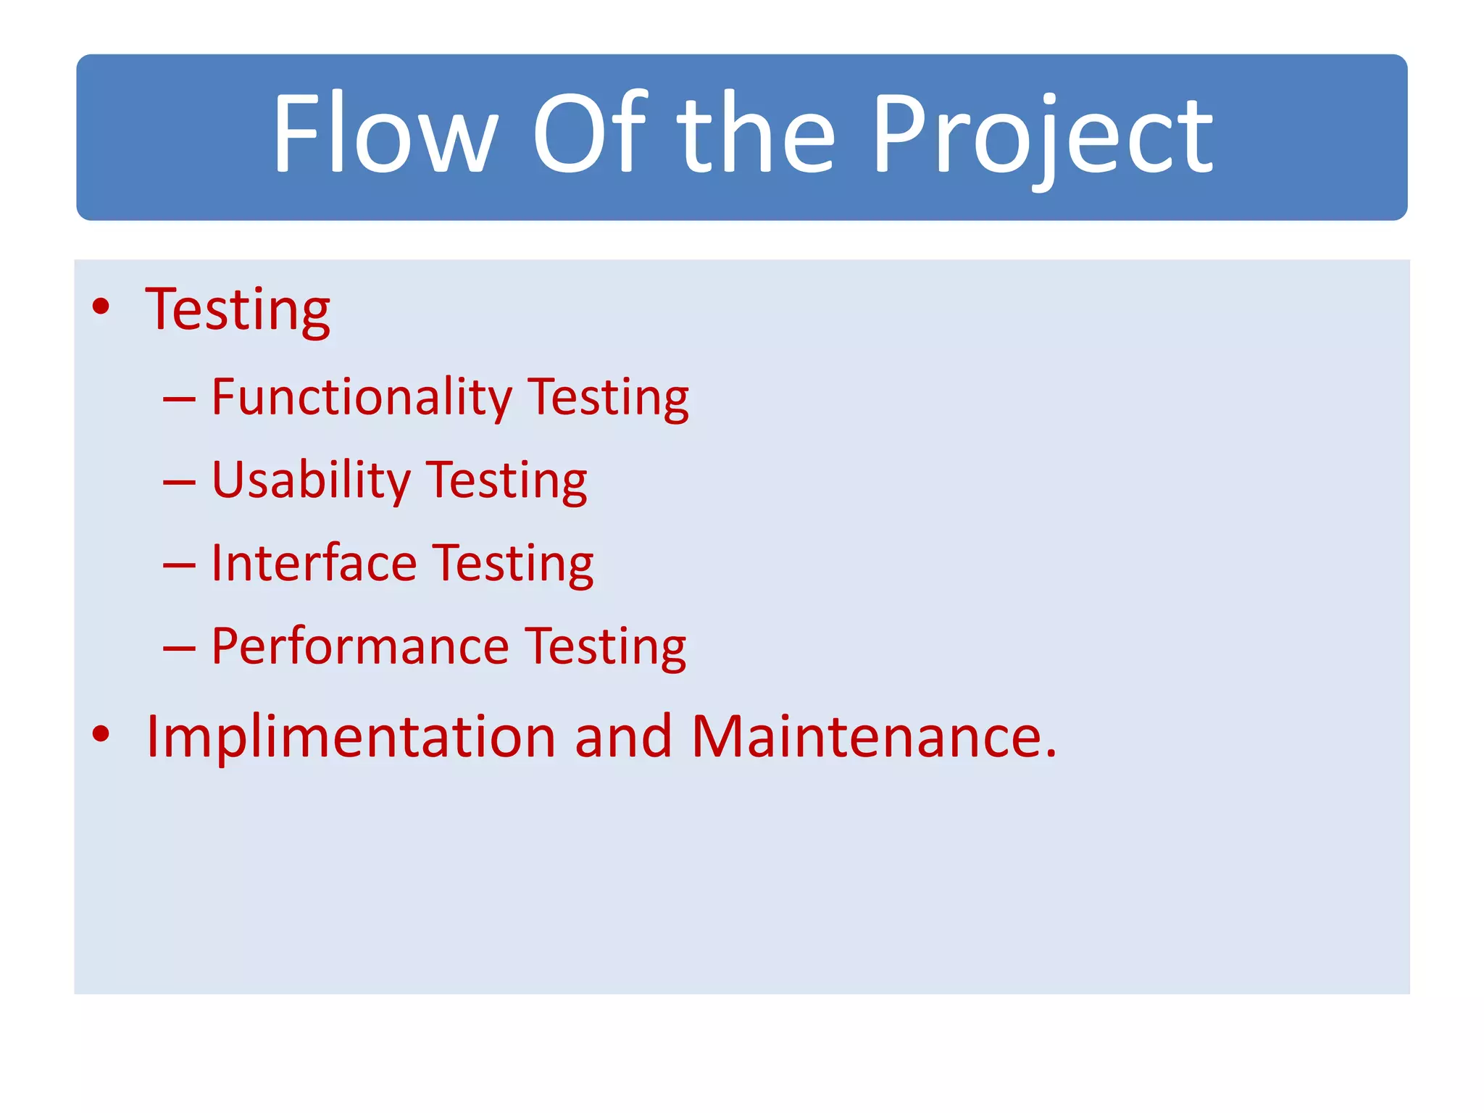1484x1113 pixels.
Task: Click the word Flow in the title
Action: (385, 134)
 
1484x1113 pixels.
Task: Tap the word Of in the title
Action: (588, 134)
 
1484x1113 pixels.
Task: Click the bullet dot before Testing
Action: (101, 307)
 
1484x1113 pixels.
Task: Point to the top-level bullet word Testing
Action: (238, 310)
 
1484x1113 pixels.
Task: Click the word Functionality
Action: (362, 398)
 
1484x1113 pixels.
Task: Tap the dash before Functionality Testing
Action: (179, 399)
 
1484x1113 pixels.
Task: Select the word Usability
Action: (311, 481)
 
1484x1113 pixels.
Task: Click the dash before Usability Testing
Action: (179, 482)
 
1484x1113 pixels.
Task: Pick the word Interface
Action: (314, 564)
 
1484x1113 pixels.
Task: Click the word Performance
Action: (360, 646)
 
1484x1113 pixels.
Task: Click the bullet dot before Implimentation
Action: (101, 734)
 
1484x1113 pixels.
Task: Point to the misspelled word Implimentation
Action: (351, 737)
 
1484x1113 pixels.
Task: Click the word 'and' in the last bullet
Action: (623, 737)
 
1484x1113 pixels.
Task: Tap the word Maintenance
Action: (874, 737)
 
